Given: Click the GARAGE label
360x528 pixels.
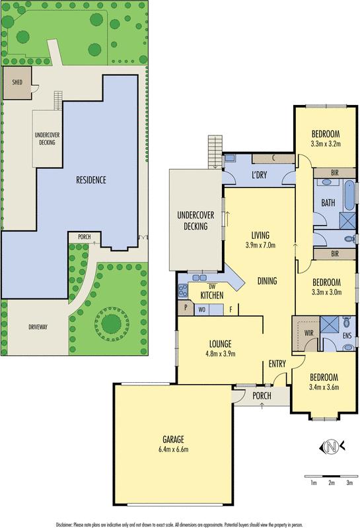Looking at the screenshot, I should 174,440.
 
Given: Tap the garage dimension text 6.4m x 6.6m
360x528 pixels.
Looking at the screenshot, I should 174,450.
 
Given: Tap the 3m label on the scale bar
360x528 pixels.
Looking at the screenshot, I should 349,483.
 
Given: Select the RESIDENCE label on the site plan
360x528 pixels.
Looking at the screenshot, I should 91,180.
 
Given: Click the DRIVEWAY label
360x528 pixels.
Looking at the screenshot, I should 33,327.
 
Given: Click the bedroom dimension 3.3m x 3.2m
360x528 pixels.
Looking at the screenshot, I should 324,143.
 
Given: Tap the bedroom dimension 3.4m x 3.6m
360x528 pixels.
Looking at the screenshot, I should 324,387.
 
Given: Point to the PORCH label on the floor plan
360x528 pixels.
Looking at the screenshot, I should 262,395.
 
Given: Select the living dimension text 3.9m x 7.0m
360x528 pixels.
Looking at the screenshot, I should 260,246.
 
